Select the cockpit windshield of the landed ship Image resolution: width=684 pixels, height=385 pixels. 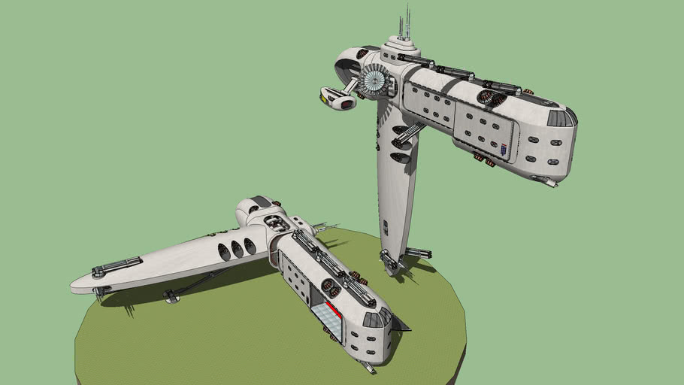click(374, 319)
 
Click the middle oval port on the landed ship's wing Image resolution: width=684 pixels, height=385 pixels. click(237, 249)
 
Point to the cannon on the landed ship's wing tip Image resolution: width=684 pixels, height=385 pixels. click(117, 265)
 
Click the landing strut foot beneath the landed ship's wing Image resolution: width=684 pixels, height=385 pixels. click(172, 299)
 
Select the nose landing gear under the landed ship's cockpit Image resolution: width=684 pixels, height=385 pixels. click(368, 367)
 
